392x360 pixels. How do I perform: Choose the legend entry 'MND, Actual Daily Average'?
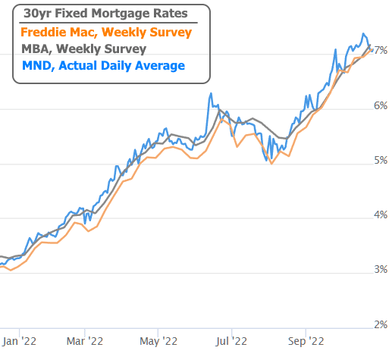[103, 66]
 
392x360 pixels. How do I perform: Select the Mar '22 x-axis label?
[89, 341]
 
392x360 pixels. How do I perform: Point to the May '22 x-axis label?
[161, 341]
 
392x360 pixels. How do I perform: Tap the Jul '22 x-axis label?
[231, 341]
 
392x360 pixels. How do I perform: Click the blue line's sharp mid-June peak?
[210, 94]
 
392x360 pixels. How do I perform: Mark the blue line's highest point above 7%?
[364, 34]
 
